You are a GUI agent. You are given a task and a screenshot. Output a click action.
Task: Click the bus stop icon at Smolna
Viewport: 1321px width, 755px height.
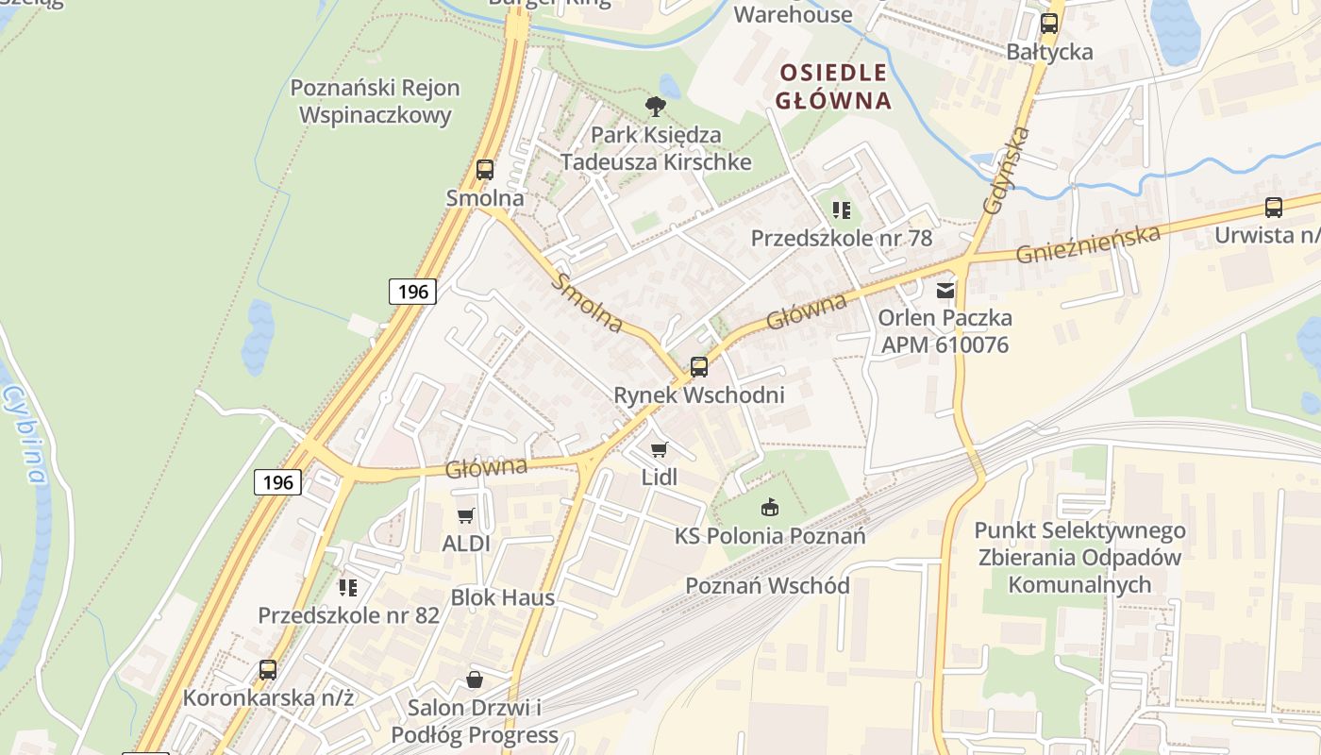(x=485, y=170)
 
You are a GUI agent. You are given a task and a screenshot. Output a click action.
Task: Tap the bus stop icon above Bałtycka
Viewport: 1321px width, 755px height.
(x=1048, y=24)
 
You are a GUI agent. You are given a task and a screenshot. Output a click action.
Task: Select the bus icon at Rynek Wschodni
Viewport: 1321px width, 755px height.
(x=698, y=367)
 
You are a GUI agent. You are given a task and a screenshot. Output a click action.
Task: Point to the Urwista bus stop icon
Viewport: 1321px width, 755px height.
(x=1273, y=208)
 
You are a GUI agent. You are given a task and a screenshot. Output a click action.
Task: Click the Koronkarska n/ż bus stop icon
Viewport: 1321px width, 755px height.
(x=268, y=670)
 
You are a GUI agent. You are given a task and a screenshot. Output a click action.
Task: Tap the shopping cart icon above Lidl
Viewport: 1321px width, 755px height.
(x=659, y=449)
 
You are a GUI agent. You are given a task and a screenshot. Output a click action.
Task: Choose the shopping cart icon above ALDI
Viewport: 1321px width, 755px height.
(x=465, y=515)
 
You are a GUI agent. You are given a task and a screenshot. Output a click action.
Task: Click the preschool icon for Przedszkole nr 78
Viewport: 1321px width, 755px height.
(x=841, y=210)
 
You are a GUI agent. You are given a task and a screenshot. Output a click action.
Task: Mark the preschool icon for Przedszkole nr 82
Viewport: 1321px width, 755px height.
(x=348, y=588)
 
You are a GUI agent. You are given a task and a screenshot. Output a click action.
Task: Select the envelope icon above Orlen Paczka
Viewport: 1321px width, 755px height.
(x=945, y=291)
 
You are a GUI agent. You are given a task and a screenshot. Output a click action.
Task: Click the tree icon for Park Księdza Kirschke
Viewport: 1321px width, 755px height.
(x=655, y=106)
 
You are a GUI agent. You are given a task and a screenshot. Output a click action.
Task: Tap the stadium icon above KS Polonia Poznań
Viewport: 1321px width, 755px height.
(x=770, y=508)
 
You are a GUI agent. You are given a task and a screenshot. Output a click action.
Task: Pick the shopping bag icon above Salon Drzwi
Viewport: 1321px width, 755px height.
(x=474, y=679)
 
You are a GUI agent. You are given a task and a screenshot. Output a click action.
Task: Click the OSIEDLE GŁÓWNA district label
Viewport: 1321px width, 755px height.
(x=834, y=87)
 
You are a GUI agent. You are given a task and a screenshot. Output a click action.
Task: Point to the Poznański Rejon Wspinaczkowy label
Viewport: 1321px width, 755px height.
(x=375, y=101)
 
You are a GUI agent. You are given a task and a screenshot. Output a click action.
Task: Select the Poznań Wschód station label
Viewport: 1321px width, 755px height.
(x=767, y=585)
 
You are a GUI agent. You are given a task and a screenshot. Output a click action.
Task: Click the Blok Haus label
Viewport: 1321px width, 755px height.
(x=502, y=597)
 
